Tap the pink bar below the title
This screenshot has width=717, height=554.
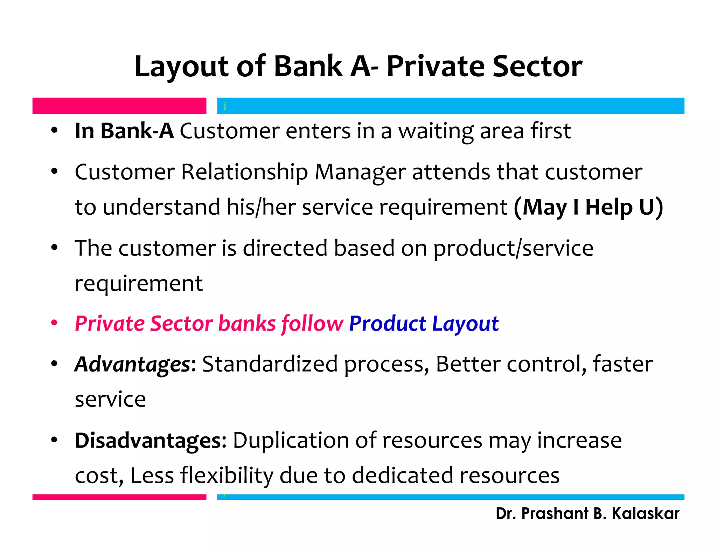(x=119, y=106)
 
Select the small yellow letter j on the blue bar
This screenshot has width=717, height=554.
(x=225, y=105)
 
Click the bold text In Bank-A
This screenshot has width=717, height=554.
(x=124, y=131)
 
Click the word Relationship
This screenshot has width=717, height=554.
(x=244, y=172)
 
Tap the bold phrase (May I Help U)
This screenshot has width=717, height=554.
(x=588, y=207)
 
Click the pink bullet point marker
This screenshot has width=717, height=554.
(x=54, y=323)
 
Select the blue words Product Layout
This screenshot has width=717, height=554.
(x=424, y=324)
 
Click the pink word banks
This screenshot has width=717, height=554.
(x=247, y=324)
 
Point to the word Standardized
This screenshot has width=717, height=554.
(x=270, y=364)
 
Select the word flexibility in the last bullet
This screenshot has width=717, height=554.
(x=227, y=476)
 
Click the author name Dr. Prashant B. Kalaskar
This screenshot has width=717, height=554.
(x=587, y=514)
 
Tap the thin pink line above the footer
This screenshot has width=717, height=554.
(x=119, y=497)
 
